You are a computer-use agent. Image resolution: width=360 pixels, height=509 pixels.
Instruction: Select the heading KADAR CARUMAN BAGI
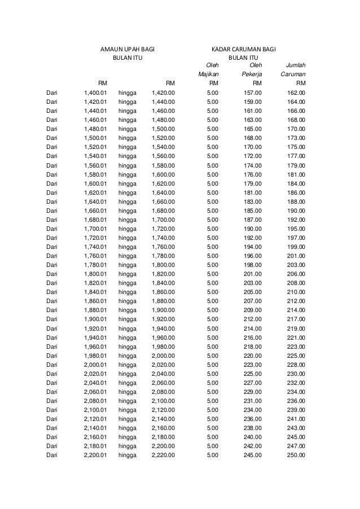243,49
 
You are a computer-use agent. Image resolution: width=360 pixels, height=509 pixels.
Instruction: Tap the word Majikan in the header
208,74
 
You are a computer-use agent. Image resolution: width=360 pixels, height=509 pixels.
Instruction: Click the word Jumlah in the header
296,65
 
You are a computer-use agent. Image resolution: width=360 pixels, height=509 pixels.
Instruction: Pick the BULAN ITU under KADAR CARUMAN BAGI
243,58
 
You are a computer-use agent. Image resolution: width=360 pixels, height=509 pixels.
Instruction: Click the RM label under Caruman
301,83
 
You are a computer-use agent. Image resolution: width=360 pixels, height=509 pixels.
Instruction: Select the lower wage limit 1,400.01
95,93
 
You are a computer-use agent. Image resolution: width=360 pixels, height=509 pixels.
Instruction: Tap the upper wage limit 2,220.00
163,454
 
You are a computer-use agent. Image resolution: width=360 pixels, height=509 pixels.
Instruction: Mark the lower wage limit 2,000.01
95,364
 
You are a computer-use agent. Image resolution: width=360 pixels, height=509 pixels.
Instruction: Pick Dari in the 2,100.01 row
52,409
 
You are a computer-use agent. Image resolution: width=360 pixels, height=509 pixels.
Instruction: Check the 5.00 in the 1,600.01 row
213,183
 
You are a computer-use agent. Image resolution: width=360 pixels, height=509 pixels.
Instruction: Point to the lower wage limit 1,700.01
95,228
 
